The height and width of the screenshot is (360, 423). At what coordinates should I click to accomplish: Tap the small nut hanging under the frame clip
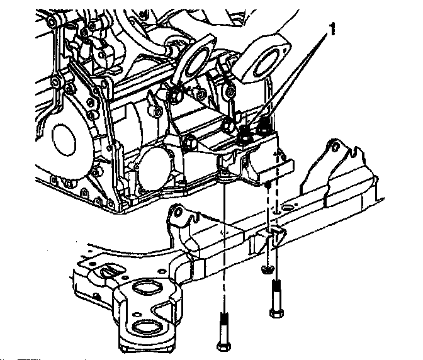pos(267,269)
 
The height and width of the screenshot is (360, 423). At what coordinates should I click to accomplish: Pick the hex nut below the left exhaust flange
pos(174,95)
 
